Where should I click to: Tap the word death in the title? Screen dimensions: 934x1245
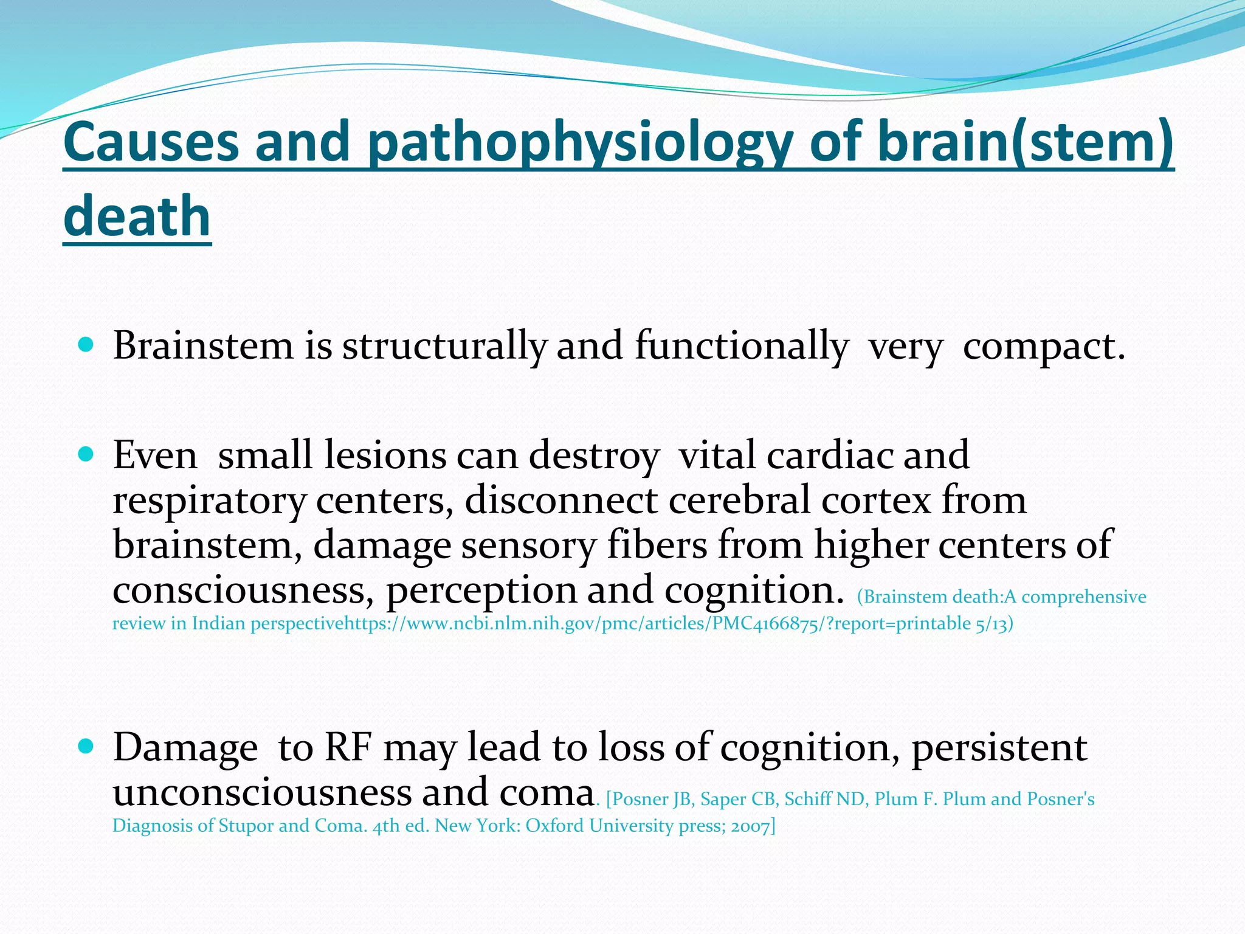click(x=137, y=217)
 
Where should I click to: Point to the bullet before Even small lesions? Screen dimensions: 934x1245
click(x=86, y=454)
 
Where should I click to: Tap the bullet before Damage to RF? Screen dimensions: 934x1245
click(x=86, y=746)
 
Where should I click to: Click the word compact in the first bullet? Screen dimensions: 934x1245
click(x=1043, y=347)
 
